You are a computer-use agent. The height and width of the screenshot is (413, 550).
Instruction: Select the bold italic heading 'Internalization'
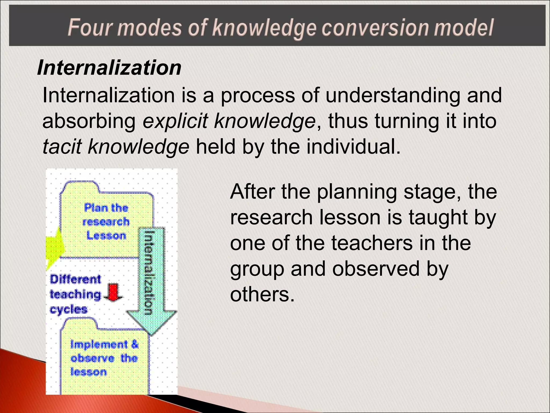tap(109, 67)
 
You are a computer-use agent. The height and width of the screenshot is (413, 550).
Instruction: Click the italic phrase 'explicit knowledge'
tap(229, 121)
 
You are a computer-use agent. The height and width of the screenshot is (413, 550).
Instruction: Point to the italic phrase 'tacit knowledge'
tap(116, 147)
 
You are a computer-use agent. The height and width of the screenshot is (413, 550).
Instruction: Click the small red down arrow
tap(113, 292)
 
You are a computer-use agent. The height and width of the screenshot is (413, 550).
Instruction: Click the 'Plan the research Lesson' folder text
tap(106, 222)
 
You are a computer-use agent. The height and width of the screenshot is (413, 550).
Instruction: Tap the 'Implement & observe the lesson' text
tap(104, 358)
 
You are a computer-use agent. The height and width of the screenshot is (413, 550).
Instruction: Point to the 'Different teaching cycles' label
tap(75, 294)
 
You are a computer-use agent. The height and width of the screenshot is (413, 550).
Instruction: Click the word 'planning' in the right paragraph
tap(357, 192)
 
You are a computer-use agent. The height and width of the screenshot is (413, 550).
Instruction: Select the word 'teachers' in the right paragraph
tap(372, 243)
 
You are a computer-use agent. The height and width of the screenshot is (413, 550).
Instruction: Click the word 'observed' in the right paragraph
tap(376, 269)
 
